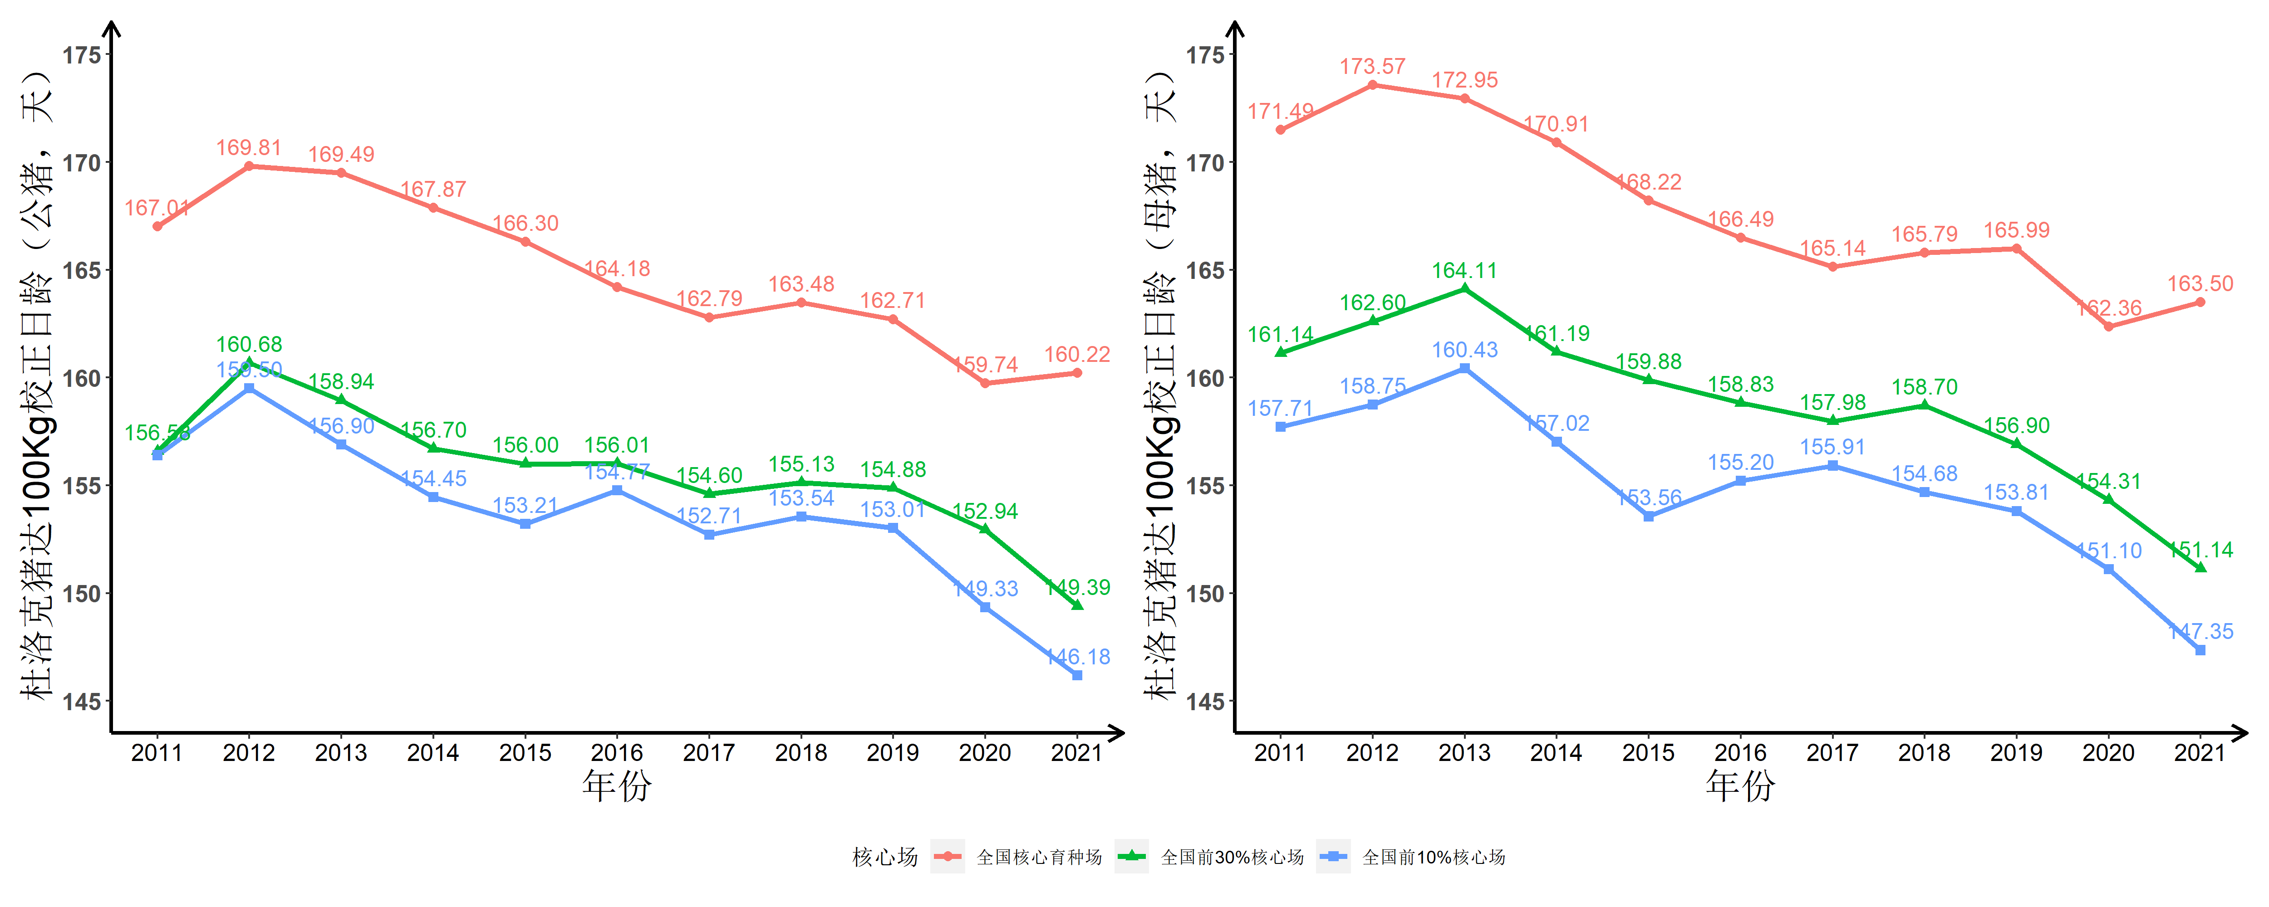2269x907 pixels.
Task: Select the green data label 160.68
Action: pyautogui.click(x=249, y=344)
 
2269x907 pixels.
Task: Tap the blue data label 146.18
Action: pyautogui.click(x=1078, y=657)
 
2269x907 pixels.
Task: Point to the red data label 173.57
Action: pyautogui.click(x=1372, y=67)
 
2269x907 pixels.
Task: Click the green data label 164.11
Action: pyautogui.click(x=1464, y=270)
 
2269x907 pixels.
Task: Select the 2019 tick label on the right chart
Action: pyautogui.click(x=2016, y=753)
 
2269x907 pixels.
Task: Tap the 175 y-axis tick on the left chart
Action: pyautogui.click(x=81, y=54)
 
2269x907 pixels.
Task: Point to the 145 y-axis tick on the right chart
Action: pyautogui.click(x=1205, y=702)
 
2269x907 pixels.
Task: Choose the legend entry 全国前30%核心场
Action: pyautogui.click(x=1232, y=857)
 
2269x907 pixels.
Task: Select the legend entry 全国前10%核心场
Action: pyautogui.click(x=1433, y=857)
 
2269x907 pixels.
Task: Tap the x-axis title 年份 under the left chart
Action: pyautogui.click(x=617, y=785)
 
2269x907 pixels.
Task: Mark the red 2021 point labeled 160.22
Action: pyautogui.click(x=1077, y=373)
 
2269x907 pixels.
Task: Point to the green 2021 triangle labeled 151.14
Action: pyautogui.click(x=2200, y=568)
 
